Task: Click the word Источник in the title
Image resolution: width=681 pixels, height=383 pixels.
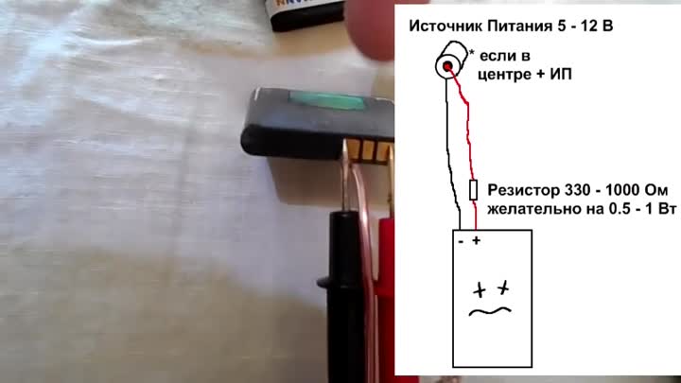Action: tap(446, 26)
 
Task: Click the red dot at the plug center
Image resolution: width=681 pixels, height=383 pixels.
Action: tap(447, 66)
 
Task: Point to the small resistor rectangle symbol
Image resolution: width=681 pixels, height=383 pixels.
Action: tap(474, 190)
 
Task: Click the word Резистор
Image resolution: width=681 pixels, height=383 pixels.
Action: tap(524, 190)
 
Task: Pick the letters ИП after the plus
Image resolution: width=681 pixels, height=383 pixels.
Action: tap(561, 75)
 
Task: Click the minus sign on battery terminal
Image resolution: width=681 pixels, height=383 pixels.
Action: tap(462, 241)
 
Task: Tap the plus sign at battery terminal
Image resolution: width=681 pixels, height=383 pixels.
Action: tap(477, 240)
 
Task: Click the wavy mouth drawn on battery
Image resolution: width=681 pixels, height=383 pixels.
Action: tap(490, 311)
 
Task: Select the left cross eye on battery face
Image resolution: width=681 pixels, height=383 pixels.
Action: tap(480, 289)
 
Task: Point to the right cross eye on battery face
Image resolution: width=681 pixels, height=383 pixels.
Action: tap(503, 287)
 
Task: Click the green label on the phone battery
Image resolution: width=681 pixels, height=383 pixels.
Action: tap(327, 100)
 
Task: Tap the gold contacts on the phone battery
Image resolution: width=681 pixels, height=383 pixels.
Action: tap(369, 150)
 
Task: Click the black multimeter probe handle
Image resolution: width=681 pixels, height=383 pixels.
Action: tap(345, 295)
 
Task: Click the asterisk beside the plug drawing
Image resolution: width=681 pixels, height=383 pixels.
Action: tap(472, 53)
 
